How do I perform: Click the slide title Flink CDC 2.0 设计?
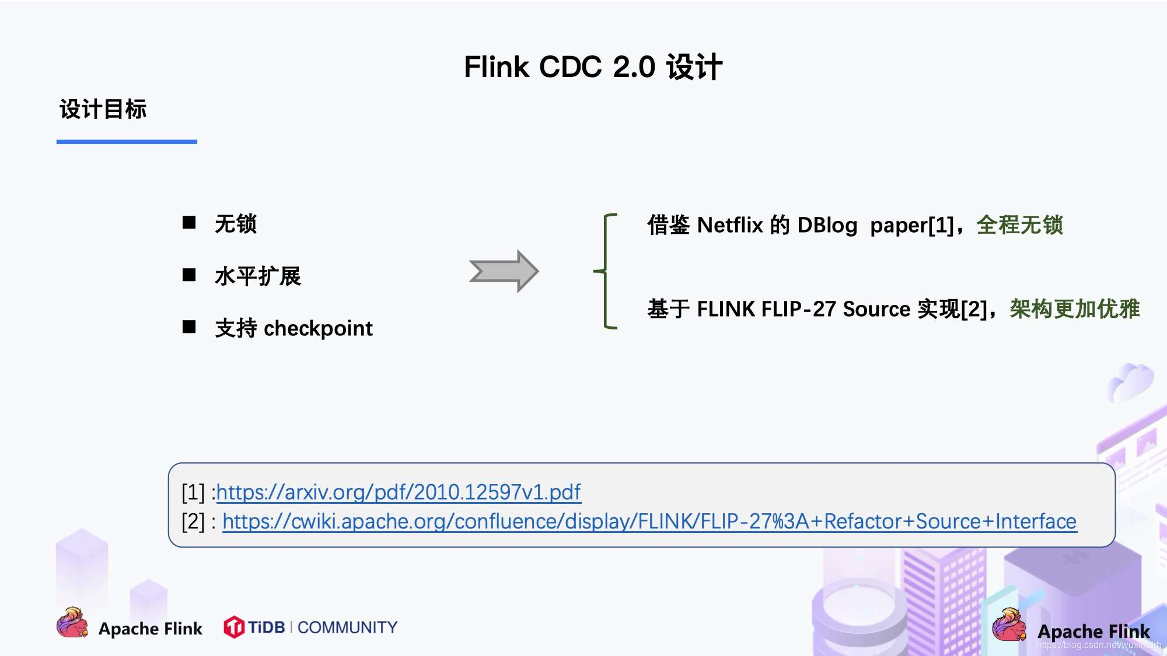tap(593, 66)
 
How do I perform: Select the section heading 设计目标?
tap(103, 109)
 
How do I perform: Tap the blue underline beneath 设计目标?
tap(127, 142)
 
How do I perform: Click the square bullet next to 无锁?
tap(189, 222)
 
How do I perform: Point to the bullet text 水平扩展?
tap(258, 276)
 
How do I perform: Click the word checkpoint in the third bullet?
tap(318, 328)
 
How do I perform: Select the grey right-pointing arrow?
tap(504, 271)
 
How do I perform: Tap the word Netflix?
tap(730, 225)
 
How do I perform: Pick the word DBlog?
tap(827, 225)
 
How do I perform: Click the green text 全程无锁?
tap(1020, 225)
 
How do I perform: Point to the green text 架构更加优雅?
tap(1074, 309)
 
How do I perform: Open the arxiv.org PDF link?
tap(399, 492)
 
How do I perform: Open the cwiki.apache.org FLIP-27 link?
tap(649, 521)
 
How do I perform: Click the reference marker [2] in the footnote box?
tap(193, 521)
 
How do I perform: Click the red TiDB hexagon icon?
tap(234, 627)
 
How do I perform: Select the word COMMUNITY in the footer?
tap(347, 627)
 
